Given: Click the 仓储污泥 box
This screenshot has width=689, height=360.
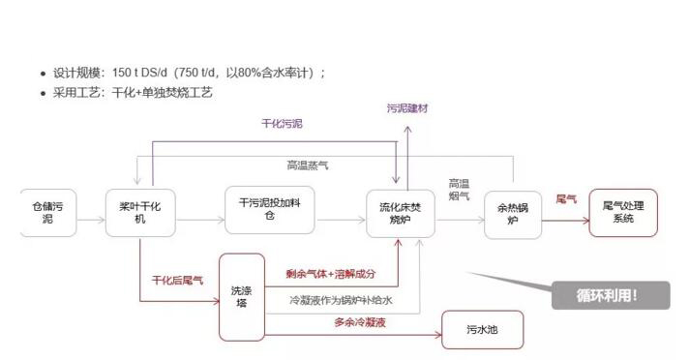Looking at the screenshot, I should point(47,213).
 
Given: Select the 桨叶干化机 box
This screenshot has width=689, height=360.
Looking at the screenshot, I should point(139,213).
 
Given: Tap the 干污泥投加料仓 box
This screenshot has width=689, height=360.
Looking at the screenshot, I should point(270,209).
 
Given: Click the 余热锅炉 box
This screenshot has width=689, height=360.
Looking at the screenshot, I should point(513,214).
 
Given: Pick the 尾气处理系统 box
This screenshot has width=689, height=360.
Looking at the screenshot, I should point(622,212).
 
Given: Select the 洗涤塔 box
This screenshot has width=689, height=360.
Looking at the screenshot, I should point(241,296).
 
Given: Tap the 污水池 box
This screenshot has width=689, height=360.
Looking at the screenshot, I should point(482,329).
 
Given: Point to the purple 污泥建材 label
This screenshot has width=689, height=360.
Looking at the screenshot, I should point(407,109).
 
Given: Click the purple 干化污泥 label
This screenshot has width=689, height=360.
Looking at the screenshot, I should point(282,124).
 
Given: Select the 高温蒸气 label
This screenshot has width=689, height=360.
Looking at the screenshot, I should point(308,165).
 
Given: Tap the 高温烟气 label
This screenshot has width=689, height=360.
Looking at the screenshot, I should point(459,190).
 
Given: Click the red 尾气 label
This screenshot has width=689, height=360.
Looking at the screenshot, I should point(566,199).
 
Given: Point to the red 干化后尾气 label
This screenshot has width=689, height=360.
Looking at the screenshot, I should point(177,281).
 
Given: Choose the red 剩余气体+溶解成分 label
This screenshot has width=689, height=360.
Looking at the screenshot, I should point(331,275).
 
